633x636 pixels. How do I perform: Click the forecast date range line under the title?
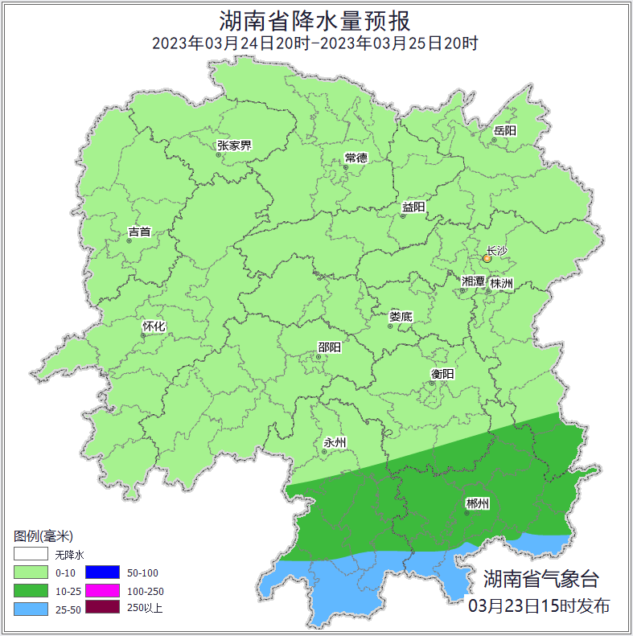pos(315,43)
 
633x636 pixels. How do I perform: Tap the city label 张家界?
pos(234,146)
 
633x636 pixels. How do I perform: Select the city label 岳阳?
pos(505,130)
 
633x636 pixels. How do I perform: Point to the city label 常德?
pos(356,158)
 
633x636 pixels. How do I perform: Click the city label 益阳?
pos(413,207)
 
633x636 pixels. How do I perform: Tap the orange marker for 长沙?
pos(487,259)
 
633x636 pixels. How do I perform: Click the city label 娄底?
pos(401,317)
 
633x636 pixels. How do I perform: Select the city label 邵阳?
pos(329,347)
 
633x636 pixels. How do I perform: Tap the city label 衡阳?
pos(442,374)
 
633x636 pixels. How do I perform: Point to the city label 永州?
pos(335,443)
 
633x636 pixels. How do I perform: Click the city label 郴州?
pos(478,504)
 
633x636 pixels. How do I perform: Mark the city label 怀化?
pos(154,326)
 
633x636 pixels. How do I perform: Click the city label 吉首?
pos(139,232)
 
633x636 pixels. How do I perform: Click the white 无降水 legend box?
pos(31,554)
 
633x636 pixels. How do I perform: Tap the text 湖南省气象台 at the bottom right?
pos(541,579)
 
